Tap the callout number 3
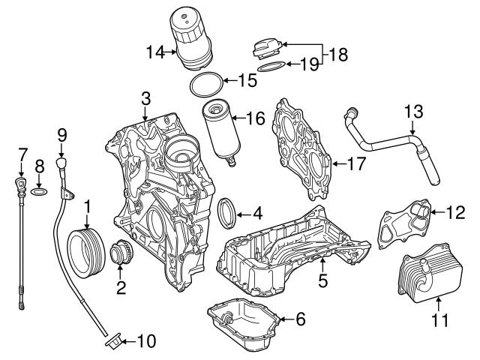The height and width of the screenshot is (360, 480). click(x=146, y=97)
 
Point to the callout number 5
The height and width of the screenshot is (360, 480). click(x=323, y=281)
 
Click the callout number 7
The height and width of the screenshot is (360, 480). click(x=22, y=155)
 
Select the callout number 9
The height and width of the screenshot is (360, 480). click(x=62, y=134)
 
